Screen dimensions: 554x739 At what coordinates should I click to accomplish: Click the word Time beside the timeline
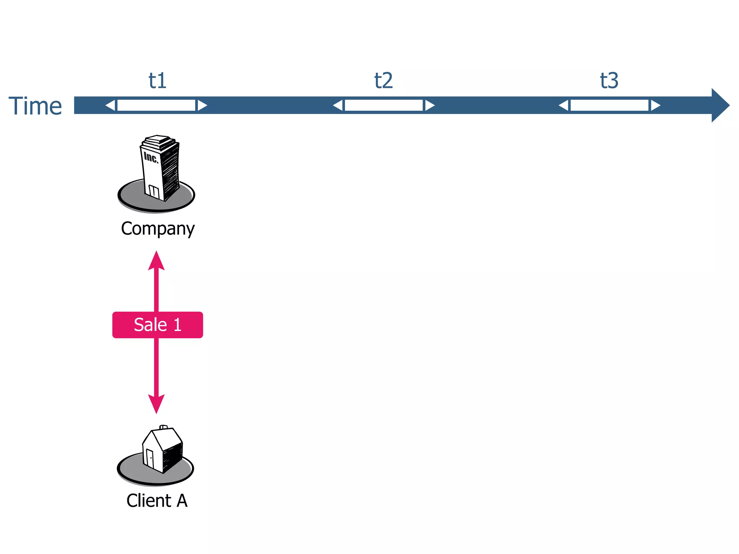pyautogui.click(x=35, y=106)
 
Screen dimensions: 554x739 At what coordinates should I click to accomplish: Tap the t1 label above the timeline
pyautogui.click(x=158, y=80)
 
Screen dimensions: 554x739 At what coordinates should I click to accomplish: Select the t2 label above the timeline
pyautogui.click(x=383, y=80)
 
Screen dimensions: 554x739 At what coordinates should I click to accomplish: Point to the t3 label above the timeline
pyautogui.click(x=609, y=80)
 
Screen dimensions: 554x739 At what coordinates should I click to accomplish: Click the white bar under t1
pyautogui.click(x=156, y=105)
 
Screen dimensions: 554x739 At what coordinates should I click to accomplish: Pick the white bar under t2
pyautogui.click(x=384, y=105)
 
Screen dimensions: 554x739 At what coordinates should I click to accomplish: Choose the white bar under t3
pyautogui.click(x=609, y=105)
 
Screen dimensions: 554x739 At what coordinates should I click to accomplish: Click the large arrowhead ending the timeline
pyautogui.click(x=720, y=105)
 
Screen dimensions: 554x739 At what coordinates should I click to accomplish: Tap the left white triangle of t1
pyautogui.click(x=111, y=105)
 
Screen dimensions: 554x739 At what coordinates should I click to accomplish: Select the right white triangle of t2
pyautogui.click(x=429, y=105)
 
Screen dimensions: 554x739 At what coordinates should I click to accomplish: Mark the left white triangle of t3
pyautogui.click(x=564, y=105)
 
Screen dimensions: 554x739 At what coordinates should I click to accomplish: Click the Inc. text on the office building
pyautogui.click(x=151, y=157)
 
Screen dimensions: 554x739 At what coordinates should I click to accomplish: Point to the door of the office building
pyautogui.click(x=154, y=192)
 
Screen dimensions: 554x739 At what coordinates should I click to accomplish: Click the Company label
pyautogui.click(x=158, y=229)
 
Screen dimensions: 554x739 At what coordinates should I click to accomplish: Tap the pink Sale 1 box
pyautogui.click(x=158, y=325)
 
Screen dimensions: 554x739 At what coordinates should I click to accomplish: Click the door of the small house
pyautogui.click(x=150, y=458)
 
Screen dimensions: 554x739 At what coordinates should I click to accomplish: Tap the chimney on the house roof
pyautogui.click(x=163, y=427)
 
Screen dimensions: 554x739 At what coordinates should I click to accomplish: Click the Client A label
pyautogui.click(x=157, y=501)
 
